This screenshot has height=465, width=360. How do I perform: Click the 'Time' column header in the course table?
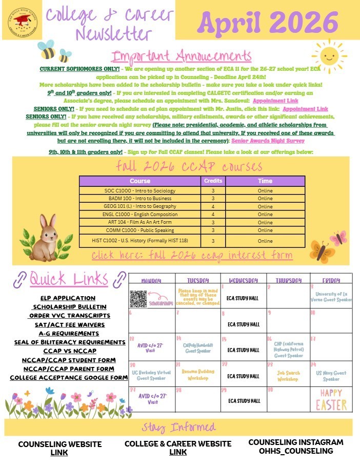click(265, 181)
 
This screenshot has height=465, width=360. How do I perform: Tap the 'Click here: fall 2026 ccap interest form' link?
click(192, 256)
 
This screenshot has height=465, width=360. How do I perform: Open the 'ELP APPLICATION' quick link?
click(68, 298)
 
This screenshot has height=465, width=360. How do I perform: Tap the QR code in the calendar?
click(138, 298)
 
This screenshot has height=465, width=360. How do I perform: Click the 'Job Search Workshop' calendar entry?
click(288, 376)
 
